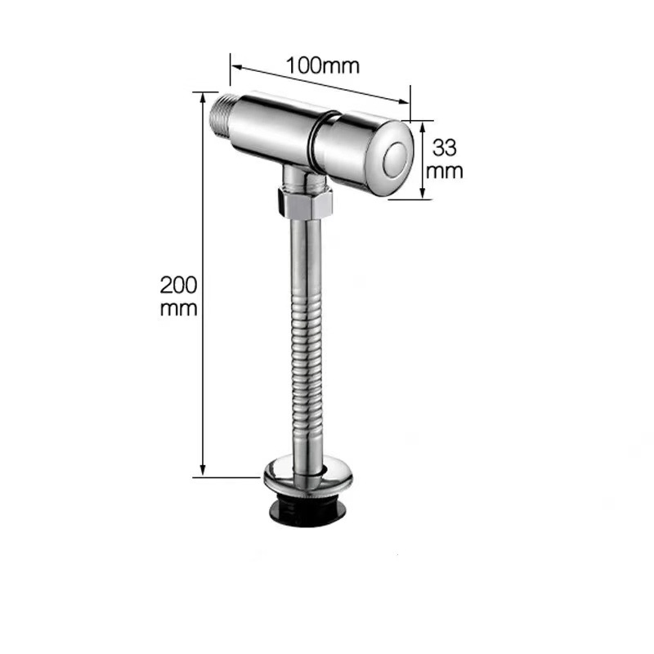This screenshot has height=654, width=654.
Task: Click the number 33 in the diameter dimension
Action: tap(444, 148)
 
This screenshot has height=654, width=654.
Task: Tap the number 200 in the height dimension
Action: tap(179, 285)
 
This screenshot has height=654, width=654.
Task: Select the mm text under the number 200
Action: tap(179, 308)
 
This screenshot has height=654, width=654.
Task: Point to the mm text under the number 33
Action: tap(446, 171)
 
